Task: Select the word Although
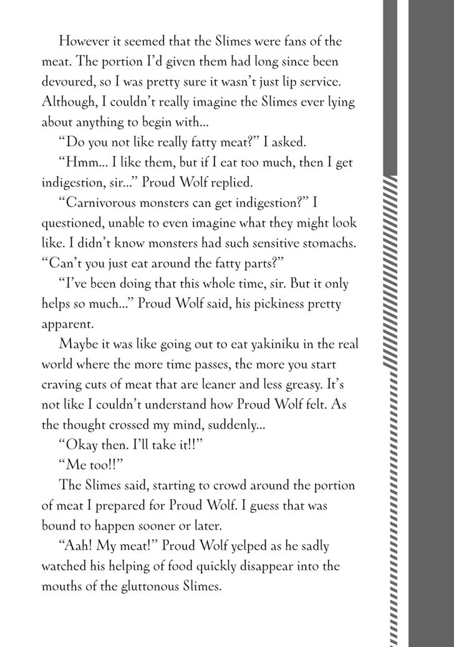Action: [68, 101]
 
